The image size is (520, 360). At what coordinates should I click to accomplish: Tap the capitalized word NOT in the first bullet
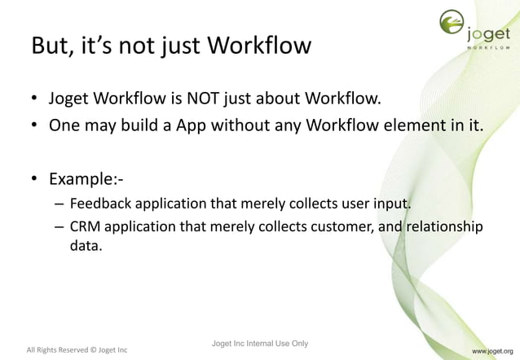pyautogui.click(x=209, y=100)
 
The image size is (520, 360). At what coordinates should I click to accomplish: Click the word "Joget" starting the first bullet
pyautogui.click(x=72, y=100)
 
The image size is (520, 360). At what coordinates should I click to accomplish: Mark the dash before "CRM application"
pyautogui.click(x=59, y=226)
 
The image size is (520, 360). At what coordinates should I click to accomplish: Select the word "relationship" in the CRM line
pyautogui.click(x=443, y=226)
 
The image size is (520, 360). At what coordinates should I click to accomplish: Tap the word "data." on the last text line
pyautogui.click(x=86, y=245)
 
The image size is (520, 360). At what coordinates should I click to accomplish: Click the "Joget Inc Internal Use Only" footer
pyautogui.click(x=259, y=343)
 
